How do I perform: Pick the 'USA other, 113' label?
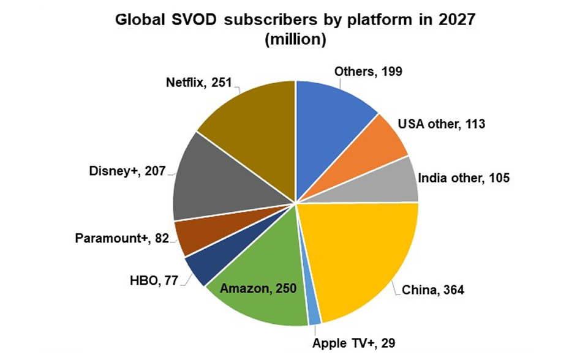click(442, 124)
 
